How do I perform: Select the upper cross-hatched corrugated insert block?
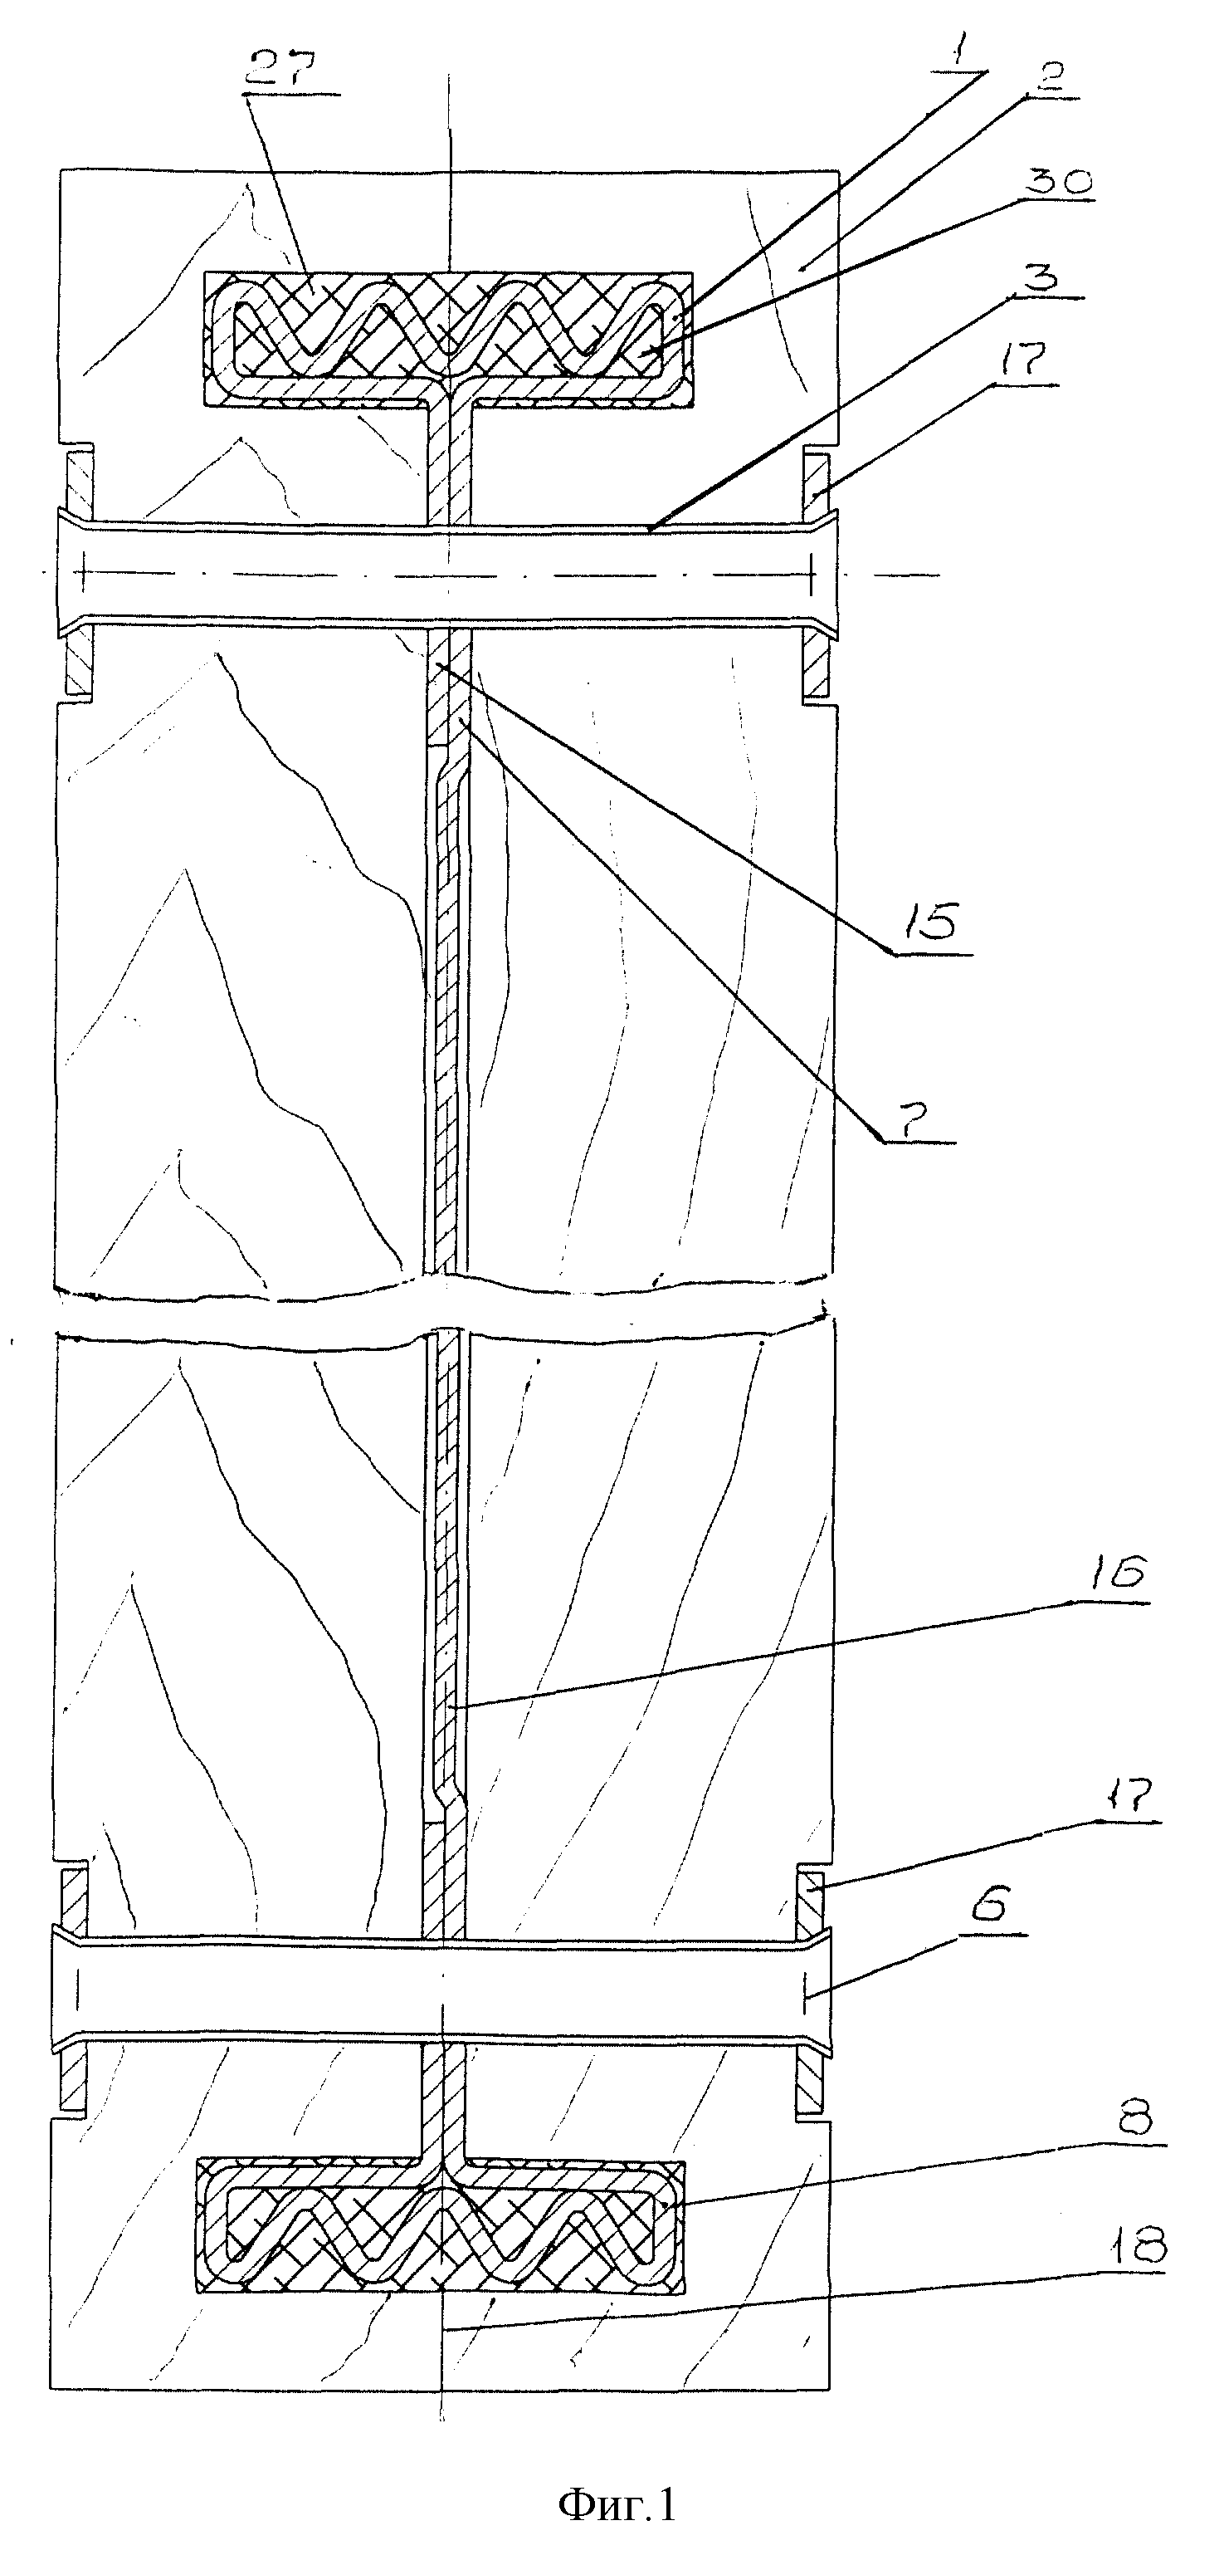point(448,339)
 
